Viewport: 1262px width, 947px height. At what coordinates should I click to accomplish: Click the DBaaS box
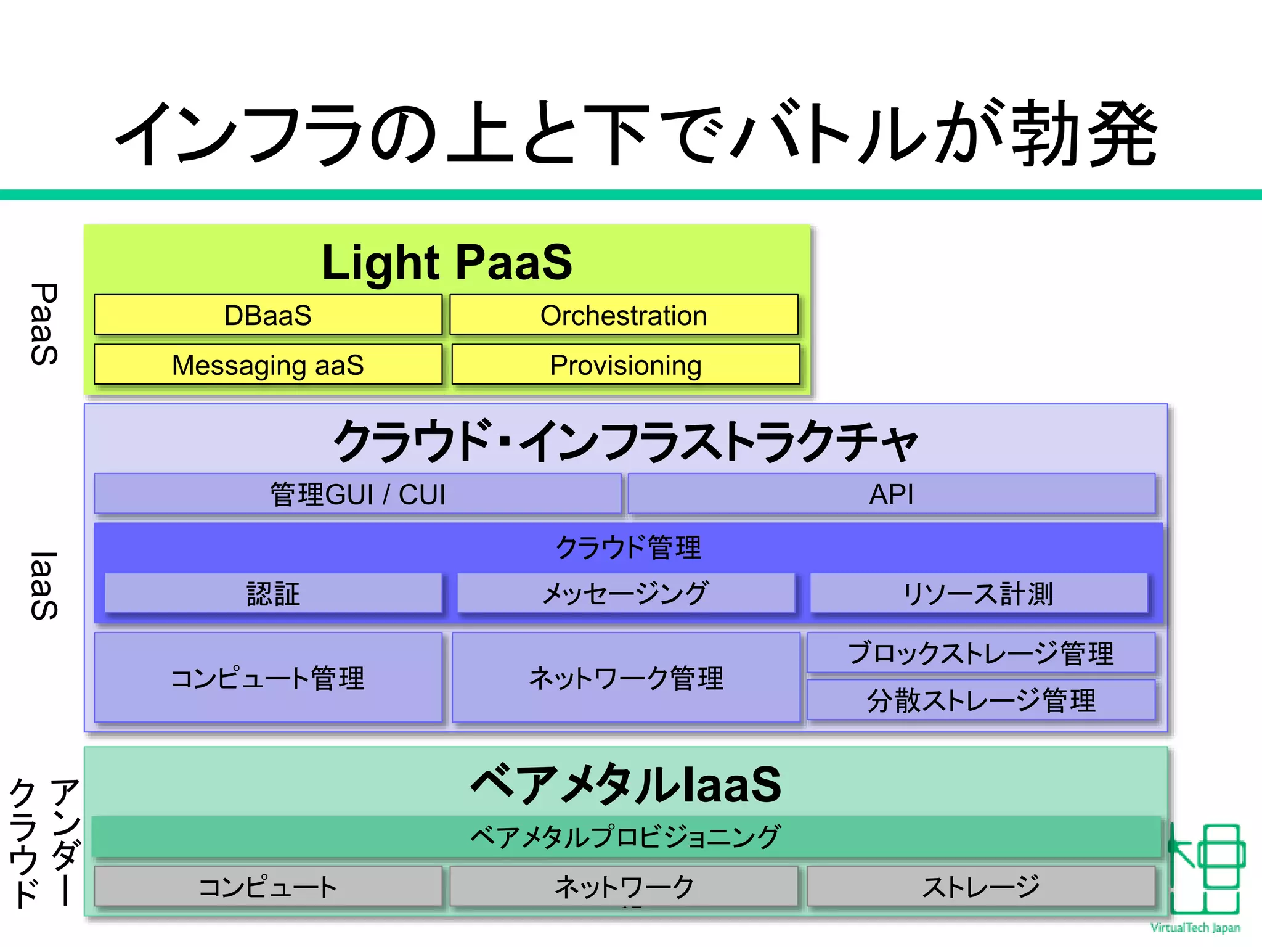pos(268,315)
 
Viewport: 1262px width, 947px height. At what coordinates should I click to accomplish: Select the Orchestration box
pos(624,315)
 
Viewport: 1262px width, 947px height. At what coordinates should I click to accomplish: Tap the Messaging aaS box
pos(268,365)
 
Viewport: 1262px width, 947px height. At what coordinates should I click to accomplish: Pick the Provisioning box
pos(625,365)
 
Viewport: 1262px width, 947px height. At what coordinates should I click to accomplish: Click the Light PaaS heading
pos(447,263)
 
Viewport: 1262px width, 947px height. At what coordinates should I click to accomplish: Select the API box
pos(891,494)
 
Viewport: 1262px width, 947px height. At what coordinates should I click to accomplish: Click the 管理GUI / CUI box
pos(357,494)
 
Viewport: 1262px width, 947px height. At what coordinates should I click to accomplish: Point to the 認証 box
pos(273,594)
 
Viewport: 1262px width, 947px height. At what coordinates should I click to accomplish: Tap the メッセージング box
pos(625,594)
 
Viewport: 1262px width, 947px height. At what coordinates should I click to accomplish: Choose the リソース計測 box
pos(978,594)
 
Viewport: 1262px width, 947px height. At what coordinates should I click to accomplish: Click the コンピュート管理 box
pos(268,678)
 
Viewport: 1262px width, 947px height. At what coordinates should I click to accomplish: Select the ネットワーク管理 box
pos(625,678)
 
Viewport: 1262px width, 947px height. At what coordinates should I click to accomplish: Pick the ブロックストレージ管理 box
pos(980,653)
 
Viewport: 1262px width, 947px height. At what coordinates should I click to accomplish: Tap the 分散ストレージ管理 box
pos(980,700)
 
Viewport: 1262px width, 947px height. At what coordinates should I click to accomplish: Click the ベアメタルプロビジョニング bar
pos(625,837)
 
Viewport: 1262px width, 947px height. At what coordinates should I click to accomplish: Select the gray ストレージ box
pos(980,887)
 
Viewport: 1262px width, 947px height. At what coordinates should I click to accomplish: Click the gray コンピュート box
pos(268,887)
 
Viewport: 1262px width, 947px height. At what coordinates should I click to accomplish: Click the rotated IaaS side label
pos(44,586)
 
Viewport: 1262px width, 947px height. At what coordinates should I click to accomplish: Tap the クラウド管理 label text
pos(628,547)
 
